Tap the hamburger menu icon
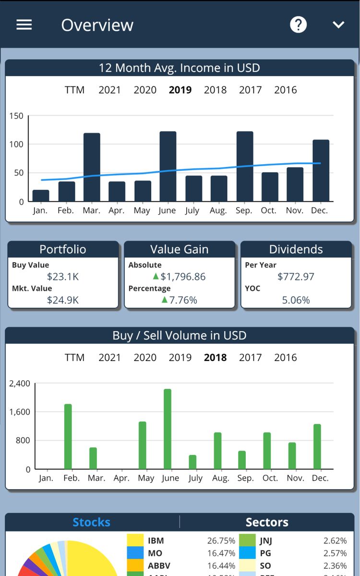tap(24, 24)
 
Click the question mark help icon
tap(298, 24)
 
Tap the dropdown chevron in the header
tap(339, 24)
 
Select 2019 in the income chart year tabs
tap(180, 90)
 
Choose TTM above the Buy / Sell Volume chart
tap(74, 358)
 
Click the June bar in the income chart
tap(168, 166)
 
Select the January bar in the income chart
tap(41, 195)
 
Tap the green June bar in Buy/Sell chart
tap(168, 429)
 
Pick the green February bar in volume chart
tap(68, 436)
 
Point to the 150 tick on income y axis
tap(16, 116)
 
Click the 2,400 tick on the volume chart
tap(20, 384)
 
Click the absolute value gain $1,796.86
tap(183, 276)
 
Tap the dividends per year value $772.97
tap(296, 276)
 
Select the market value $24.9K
tap(63, 300)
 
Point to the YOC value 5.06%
tap(296, 300)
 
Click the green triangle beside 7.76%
tap(165, 300)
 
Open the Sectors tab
tap(267, 522)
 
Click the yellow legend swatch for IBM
tap(135, 540)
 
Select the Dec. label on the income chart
tap(320, 210)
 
